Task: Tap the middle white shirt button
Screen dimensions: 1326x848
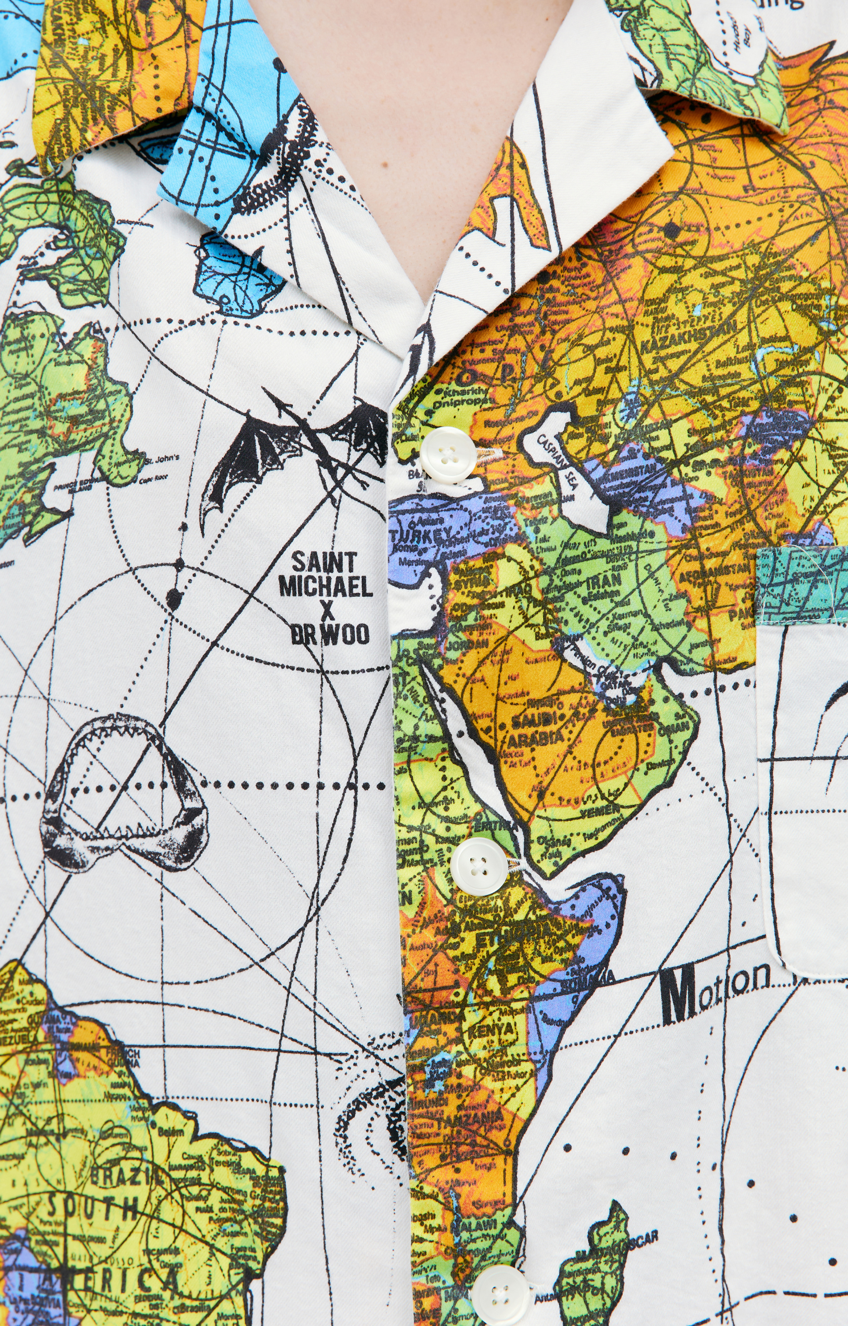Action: tap(478, 865)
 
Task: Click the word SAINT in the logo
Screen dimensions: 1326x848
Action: tap(324, 563)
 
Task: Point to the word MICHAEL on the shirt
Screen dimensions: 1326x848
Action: tap(326, 587)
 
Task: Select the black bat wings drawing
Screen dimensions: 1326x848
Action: tap(297, 452)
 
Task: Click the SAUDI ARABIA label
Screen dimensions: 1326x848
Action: tap(531, 729)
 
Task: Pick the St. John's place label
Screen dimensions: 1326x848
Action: tap(162, 458)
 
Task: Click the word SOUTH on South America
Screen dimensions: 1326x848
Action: tap(91, 1209)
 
